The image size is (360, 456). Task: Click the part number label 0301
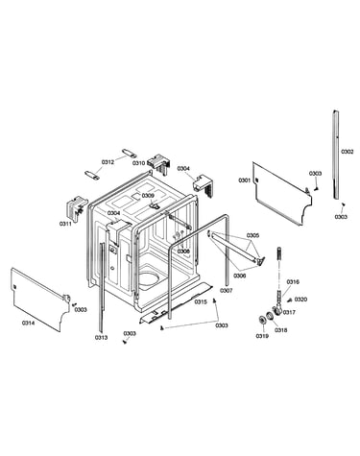tap(244, 180)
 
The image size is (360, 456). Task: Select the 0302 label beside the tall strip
tap(348, 152)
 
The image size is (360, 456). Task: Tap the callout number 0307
tap(227, 291)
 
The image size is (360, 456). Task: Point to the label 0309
tap(148, 196)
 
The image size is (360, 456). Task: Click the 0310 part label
tap(138, 163)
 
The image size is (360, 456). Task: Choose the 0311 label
tap(65, 224)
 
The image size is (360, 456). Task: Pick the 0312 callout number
tap(108, 162)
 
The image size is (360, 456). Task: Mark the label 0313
tap(101, 337)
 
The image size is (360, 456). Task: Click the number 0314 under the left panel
tap(28, 324)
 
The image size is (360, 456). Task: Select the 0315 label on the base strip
tap(201, 301)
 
